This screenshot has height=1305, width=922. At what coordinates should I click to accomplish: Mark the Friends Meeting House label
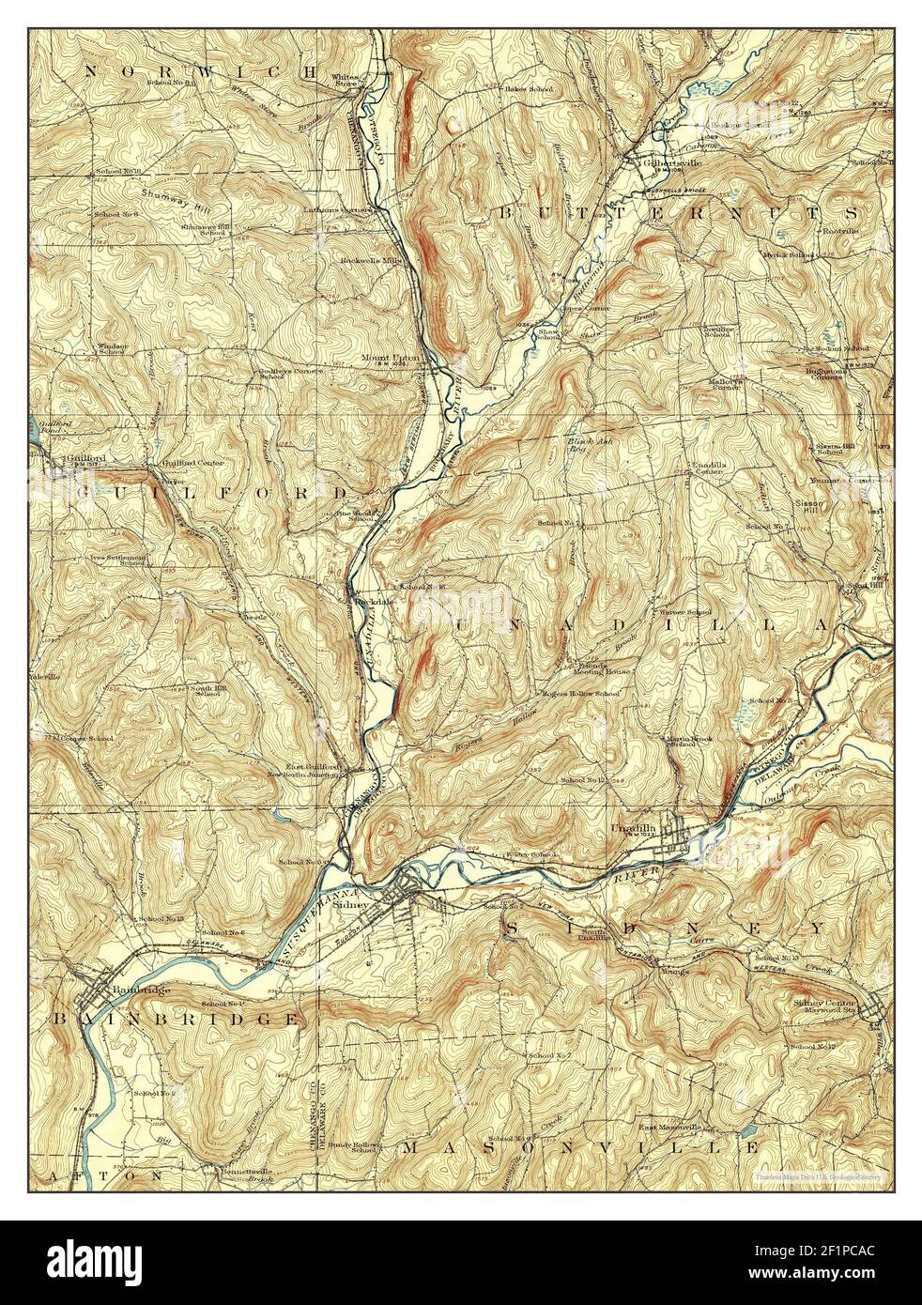[602, 665]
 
